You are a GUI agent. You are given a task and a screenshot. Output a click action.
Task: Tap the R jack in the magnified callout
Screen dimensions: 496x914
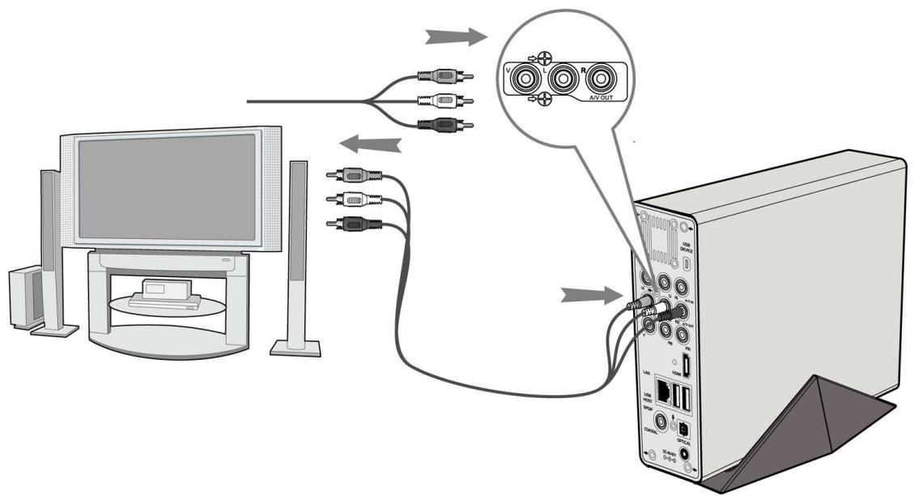pyautogui.click(x=600, y=81)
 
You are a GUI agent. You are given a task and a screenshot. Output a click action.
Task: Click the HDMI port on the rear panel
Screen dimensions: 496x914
pyautogui.click(x=686, y=365)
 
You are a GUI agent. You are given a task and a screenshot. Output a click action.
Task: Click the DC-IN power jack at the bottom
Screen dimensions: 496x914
pyautogui.click(x=688, y=455)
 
